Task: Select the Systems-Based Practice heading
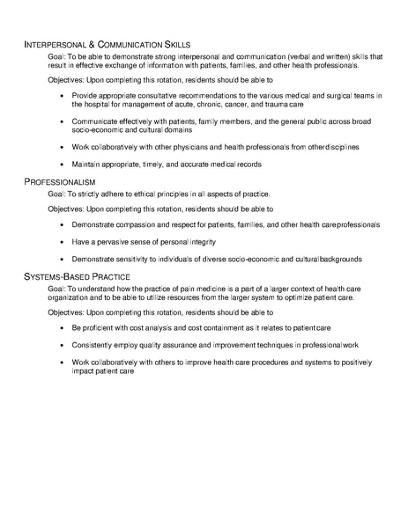78,276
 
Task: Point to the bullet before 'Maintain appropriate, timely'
60,164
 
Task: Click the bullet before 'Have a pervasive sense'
60,242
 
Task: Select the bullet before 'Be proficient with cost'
60,327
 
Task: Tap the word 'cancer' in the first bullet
219,103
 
